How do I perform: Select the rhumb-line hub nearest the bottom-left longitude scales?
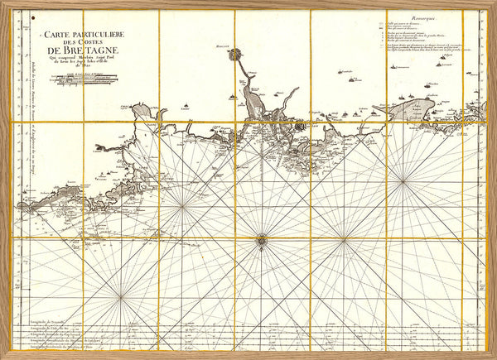point(121,295)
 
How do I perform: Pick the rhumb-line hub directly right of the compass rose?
point(344,240)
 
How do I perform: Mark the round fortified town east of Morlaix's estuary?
point(300,126)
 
